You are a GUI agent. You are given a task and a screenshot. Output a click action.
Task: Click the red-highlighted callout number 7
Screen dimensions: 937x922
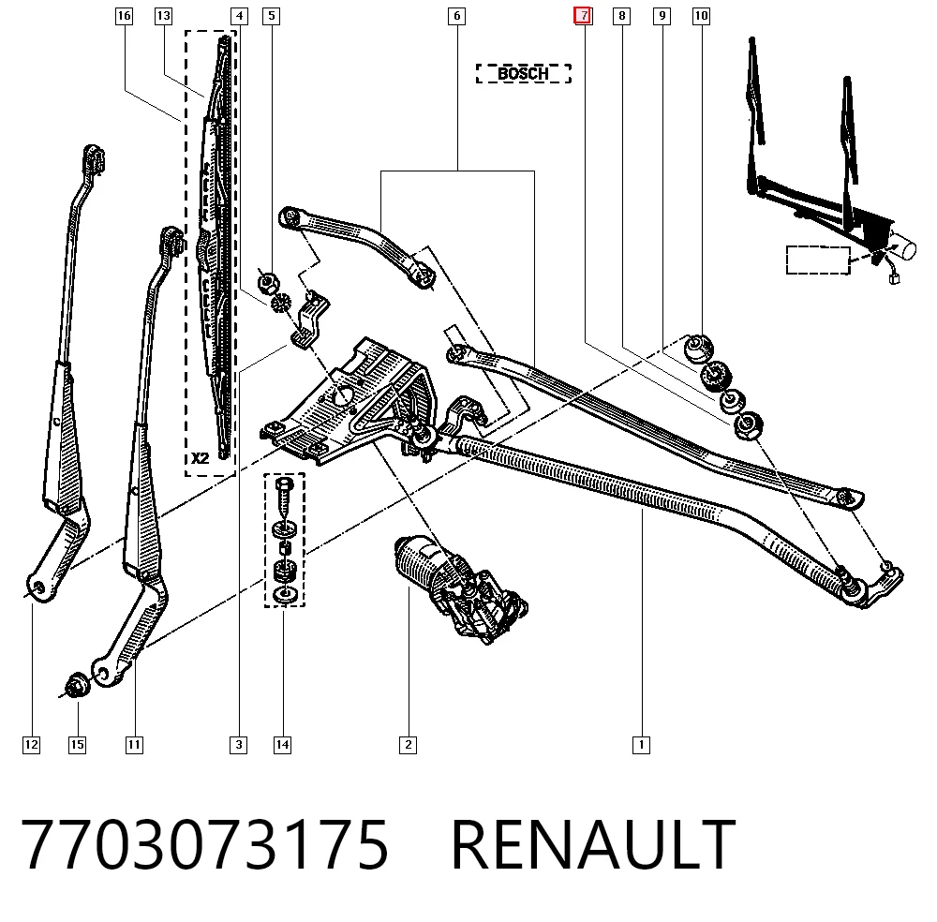583,16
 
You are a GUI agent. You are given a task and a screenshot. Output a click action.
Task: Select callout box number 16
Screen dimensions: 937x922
124,16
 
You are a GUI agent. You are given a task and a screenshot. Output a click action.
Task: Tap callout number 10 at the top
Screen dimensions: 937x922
701,16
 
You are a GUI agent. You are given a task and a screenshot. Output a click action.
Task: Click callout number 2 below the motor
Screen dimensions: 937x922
409,745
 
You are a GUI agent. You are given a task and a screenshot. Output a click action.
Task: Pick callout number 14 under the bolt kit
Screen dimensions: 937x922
282,745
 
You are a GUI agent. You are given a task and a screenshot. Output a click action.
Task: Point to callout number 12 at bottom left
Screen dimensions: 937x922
31,745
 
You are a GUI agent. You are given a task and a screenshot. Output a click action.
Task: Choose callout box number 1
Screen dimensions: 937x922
641,745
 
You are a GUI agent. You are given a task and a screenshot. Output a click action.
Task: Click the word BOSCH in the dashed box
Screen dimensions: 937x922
523,73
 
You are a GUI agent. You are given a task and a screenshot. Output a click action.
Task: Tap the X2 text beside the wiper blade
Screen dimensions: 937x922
201,458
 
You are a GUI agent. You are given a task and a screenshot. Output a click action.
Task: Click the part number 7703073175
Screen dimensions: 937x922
204,844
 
